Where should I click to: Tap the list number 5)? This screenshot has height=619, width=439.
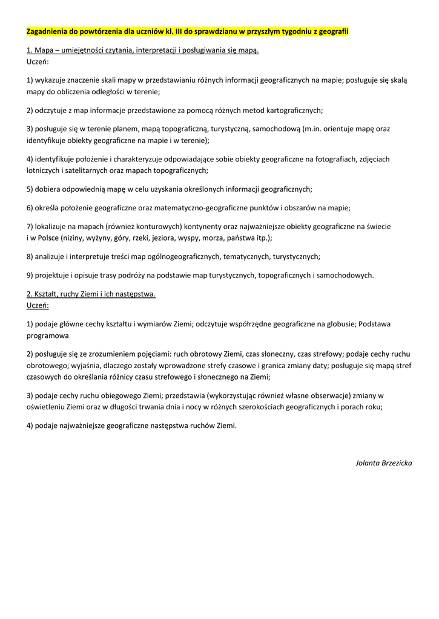(31, 189)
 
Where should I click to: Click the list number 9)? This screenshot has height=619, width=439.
(31, 275)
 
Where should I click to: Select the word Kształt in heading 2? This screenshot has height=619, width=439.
(47, 294)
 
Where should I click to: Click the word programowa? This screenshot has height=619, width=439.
(48, 335)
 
